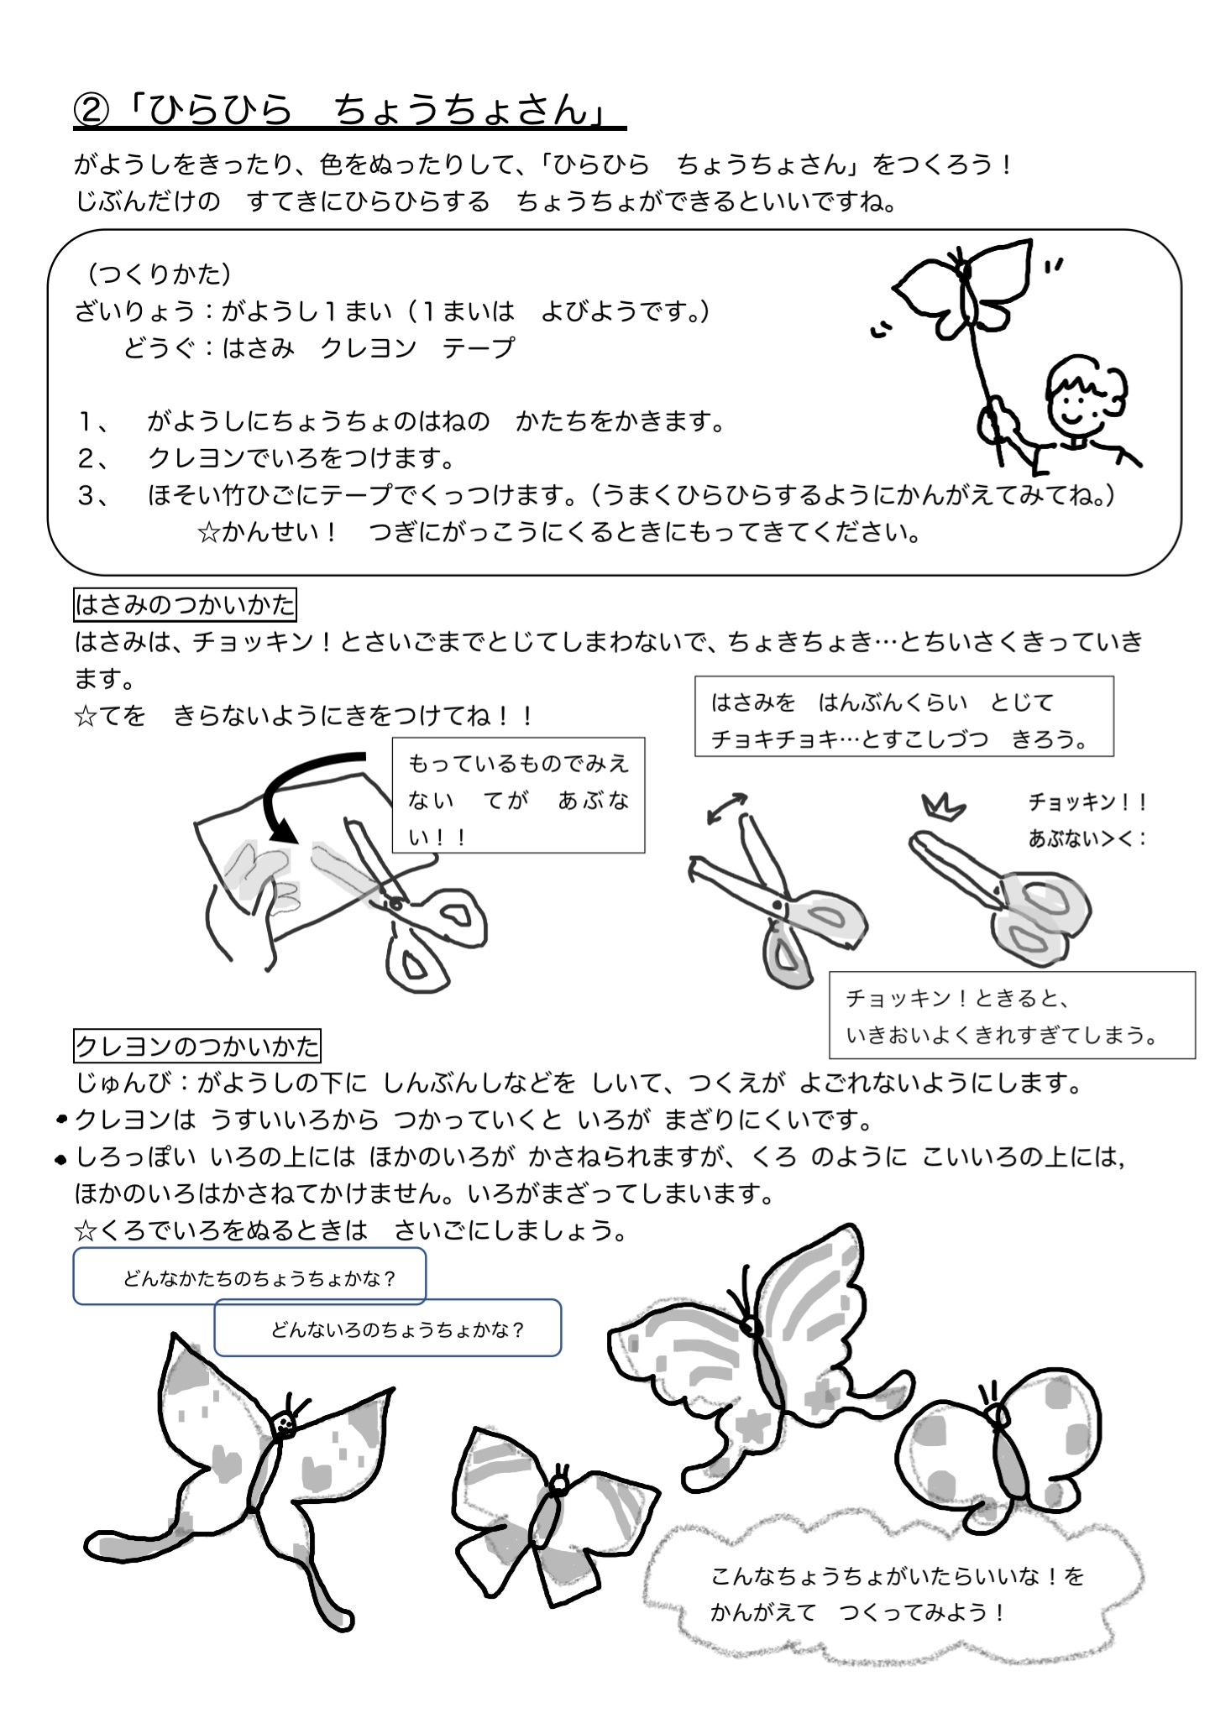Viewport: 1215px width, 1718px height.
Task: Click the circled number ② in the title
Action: pyautogui.click(x=93, y=110)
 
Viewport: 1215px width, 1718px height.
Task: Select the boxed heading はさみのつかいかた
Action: pyautogui.click(x=185, y=604)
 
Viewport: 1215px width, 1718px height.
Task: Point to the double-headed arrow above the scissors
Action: pyautogui.click(x=727, y=807)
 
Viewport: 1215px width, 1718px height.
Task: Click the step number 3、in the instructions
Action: pyautogui.click(x=93, y=496)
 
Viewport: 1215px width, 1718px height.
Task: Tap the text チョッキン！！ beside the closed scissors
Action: pyautogui.click(x=1087, y=802)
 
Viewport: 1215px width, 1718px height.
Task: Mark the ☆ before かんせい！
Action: pyautogui.click(x=207, y=533)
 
